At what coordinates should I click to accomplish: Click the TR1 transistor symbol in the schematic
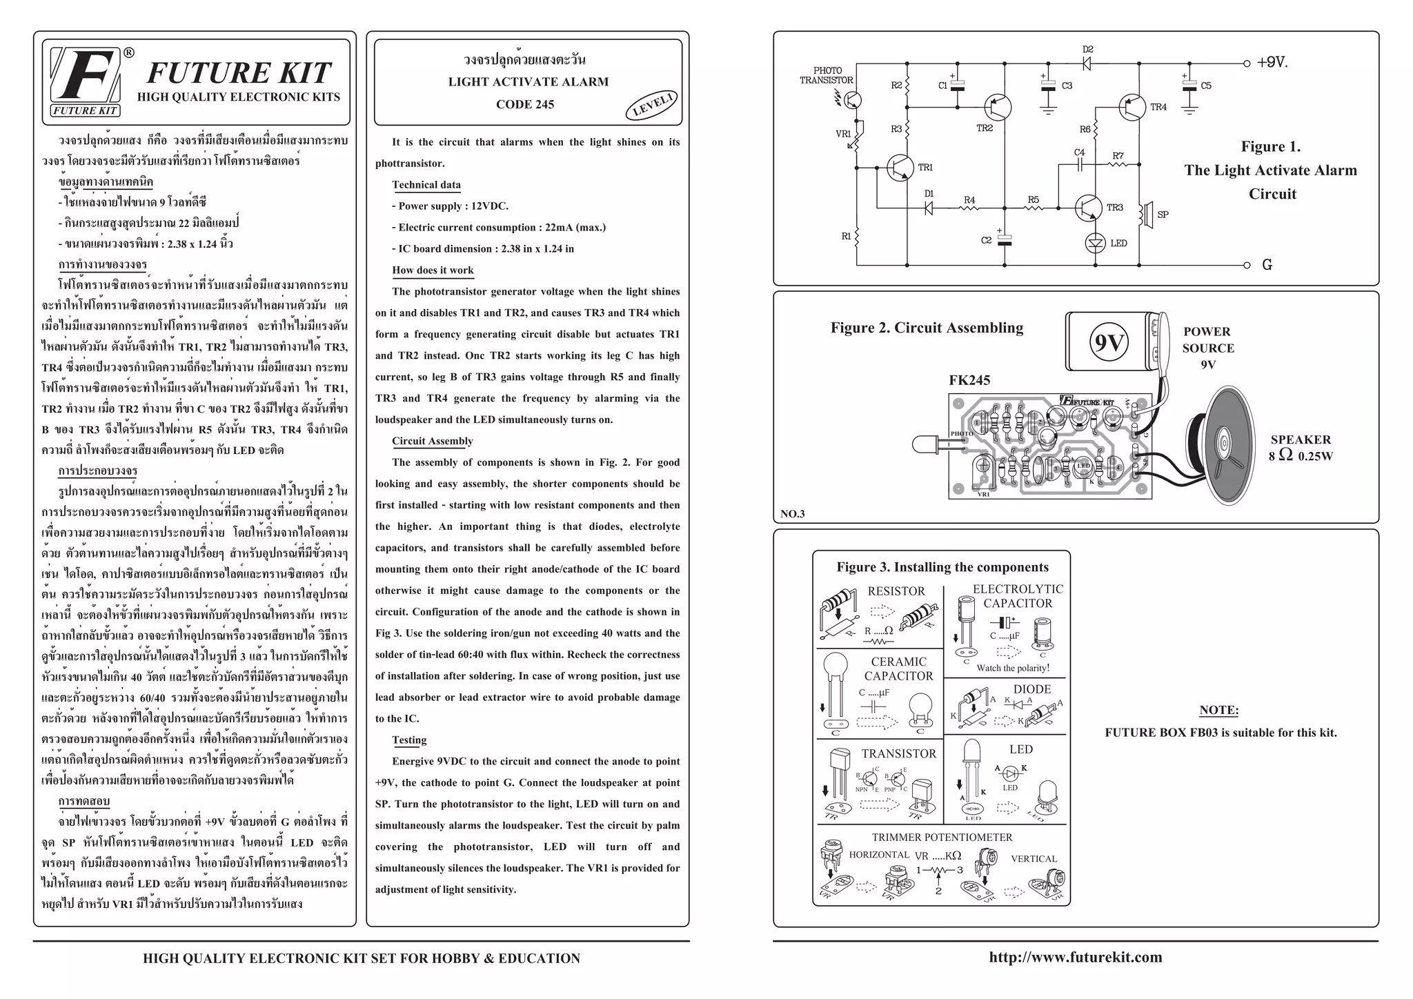900,168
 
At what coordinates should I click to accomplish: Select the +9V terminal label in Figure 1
1272,63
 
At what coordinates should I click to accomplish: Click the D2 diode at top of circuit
1088,63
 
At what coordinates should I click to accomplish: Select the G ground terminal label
1267,265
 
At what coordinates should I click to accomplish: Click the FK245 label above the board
969,380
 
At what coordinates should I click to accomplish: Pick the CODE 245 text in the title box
524,105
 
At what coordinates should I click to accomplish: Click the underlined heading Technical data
426,185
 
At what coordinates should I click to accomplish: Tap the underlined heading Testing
409,740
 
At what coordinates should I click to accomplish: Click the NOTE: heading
1219,711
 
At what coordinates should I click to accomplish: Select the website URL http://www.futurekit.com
1076,958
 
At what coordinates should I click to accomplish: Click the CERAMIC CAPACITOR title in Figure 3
898,669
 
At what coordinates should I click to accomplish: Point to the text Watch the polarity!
1012,668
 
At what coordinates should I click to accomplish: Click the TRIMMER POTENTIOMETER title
942,838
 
